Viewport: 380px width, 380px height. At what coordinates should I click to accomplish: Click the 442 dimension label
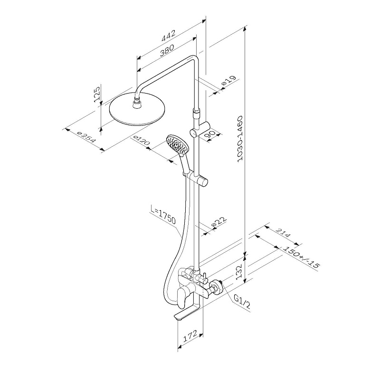click(168, 35)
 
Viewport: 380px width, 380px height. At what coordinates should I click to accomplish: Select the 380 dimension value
click(167, 50)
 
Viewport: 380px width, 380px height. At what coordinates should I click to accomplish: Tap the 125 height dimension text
click(97, 94)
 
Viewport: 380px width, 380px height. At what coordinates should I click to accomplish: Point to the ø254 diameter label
click(86, 137)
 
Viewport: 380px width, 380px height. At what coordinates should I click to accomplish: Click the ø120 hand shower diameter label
click(142, 141)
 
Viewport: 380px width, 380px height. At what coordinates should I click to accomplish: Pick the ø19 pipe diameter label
click(228, 81)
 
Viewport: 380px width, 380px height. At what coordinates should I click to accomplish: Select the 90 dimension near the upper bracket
click(211, 135)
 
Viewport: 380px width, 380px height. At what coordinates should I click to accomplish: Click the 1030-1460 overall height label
click(239, 139)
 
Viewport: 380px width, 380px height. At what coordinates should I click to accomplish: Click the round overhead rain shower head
click(137, 109)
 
